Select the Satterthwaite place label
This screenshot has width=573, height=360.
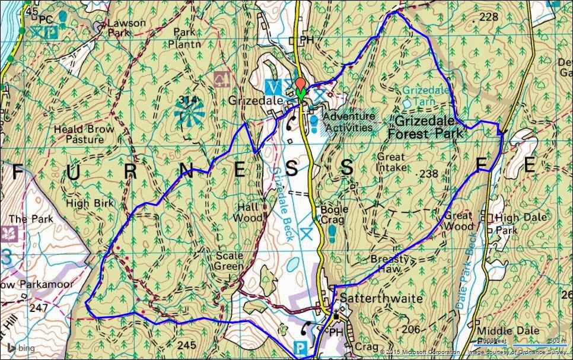tap(379, 298)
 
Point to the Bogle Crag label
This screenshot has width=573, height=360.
tap(334, 215)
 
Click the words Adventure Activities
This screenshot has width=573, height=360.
tap(349, 122)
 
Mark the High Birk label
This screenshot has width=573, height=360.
tap(85, 203)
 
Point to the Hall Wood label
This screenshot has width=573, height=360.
tap(249, 212)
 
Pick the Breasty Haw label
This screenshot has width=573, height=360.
tap(390, 264)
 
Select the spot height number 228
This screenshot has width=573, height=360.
tap(489, 17)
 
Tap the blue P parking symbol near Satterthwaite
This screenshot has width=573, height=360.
tap(301, 346)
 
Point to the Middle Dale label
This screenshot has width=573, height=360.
tap(514, 330)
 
